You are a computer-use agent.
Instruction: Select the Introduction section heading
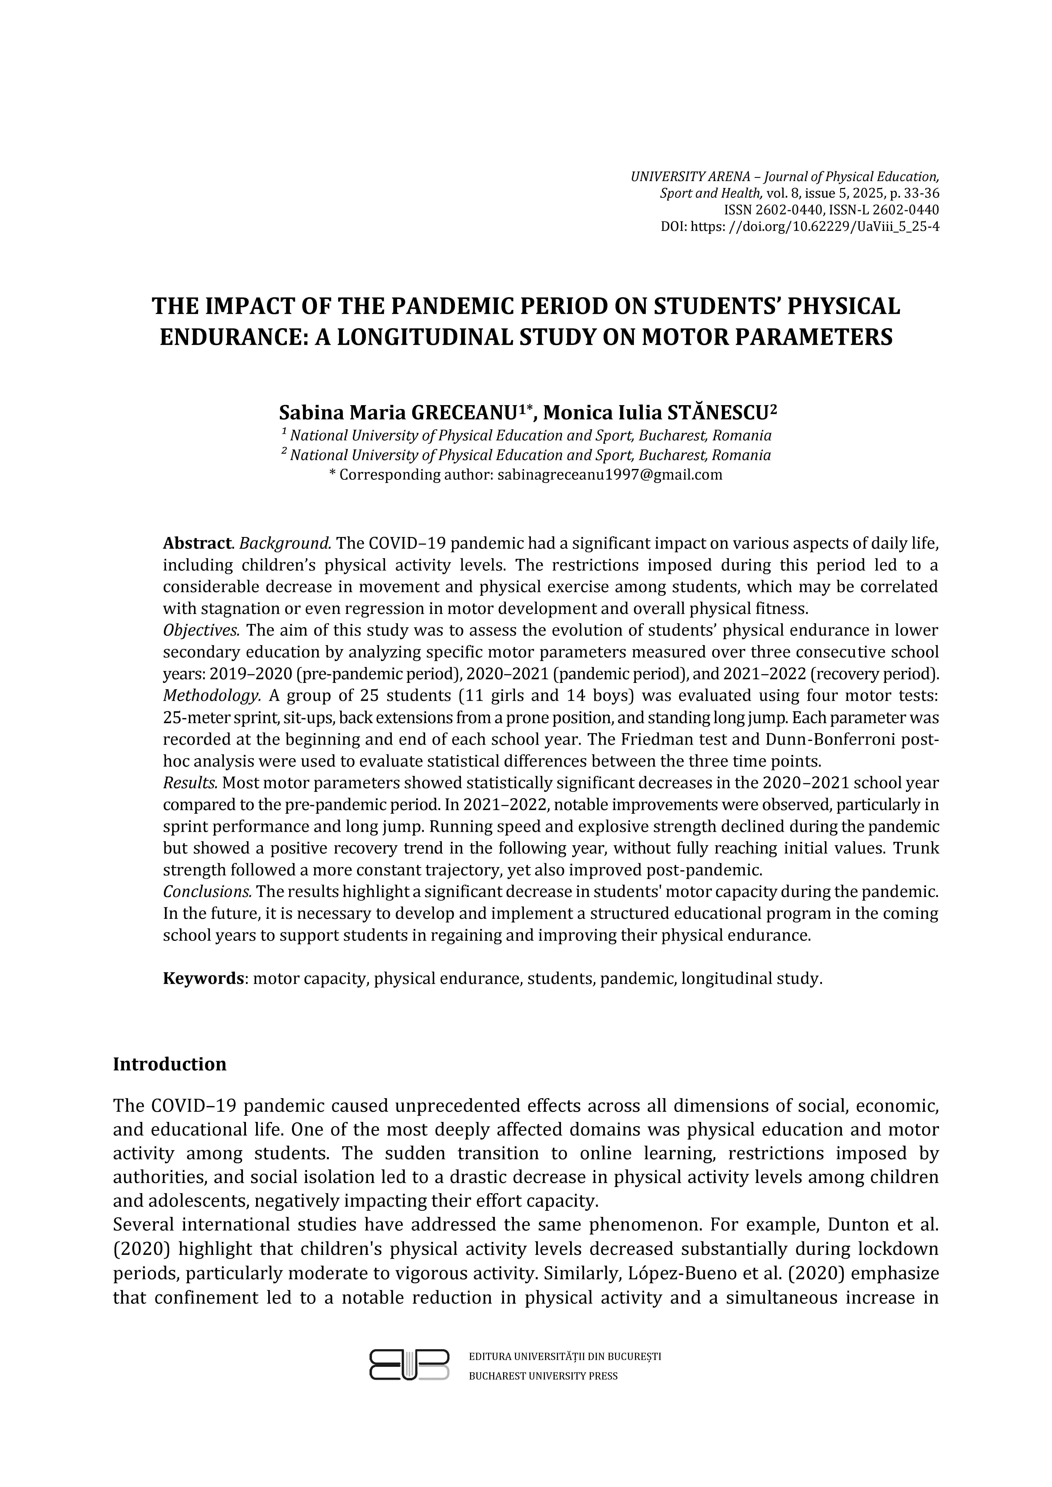(170, 1064)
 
